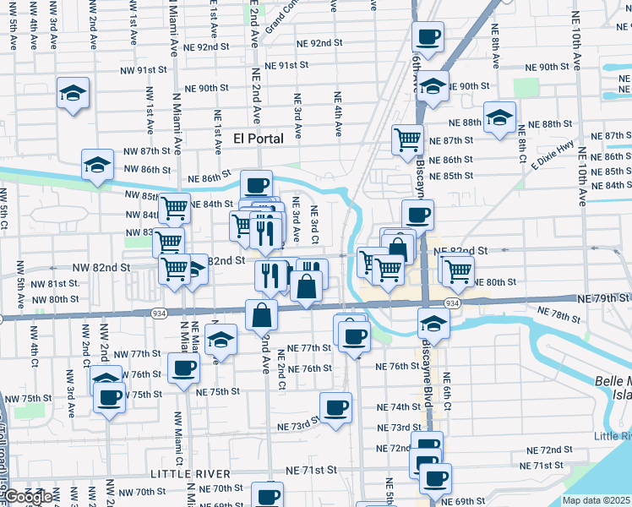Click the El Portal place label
[270, 137]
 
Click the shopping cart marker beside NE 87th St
[408, 139]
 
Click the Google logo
[28, 497]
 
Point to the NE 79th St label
[603, 299]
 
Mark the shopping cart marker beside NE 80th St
[457, 270]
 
